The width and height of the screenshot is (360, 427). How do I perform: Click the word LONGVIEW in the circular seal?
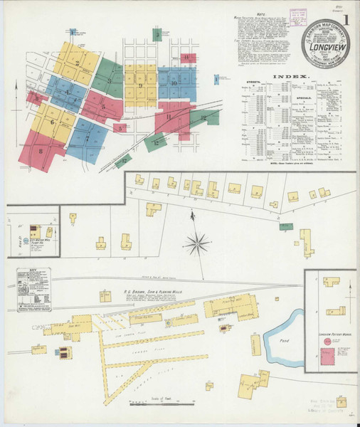click(324, 51)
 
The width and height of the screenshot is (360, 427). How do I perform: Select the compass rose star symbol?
click(197, 244)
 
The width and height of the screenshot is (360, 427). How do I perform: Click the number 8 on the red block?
click(41, 150)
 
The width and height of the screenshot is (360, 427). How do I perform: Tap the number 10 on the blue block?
click(173, 83)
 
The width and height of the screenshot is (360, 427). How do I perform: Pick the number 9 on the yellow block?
click(141, 86)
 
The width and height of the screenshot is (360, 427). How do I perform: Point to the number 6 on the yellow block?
click(52, 122)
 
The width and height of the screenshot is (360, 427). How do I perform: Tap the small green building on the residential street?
click(286, 226)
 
